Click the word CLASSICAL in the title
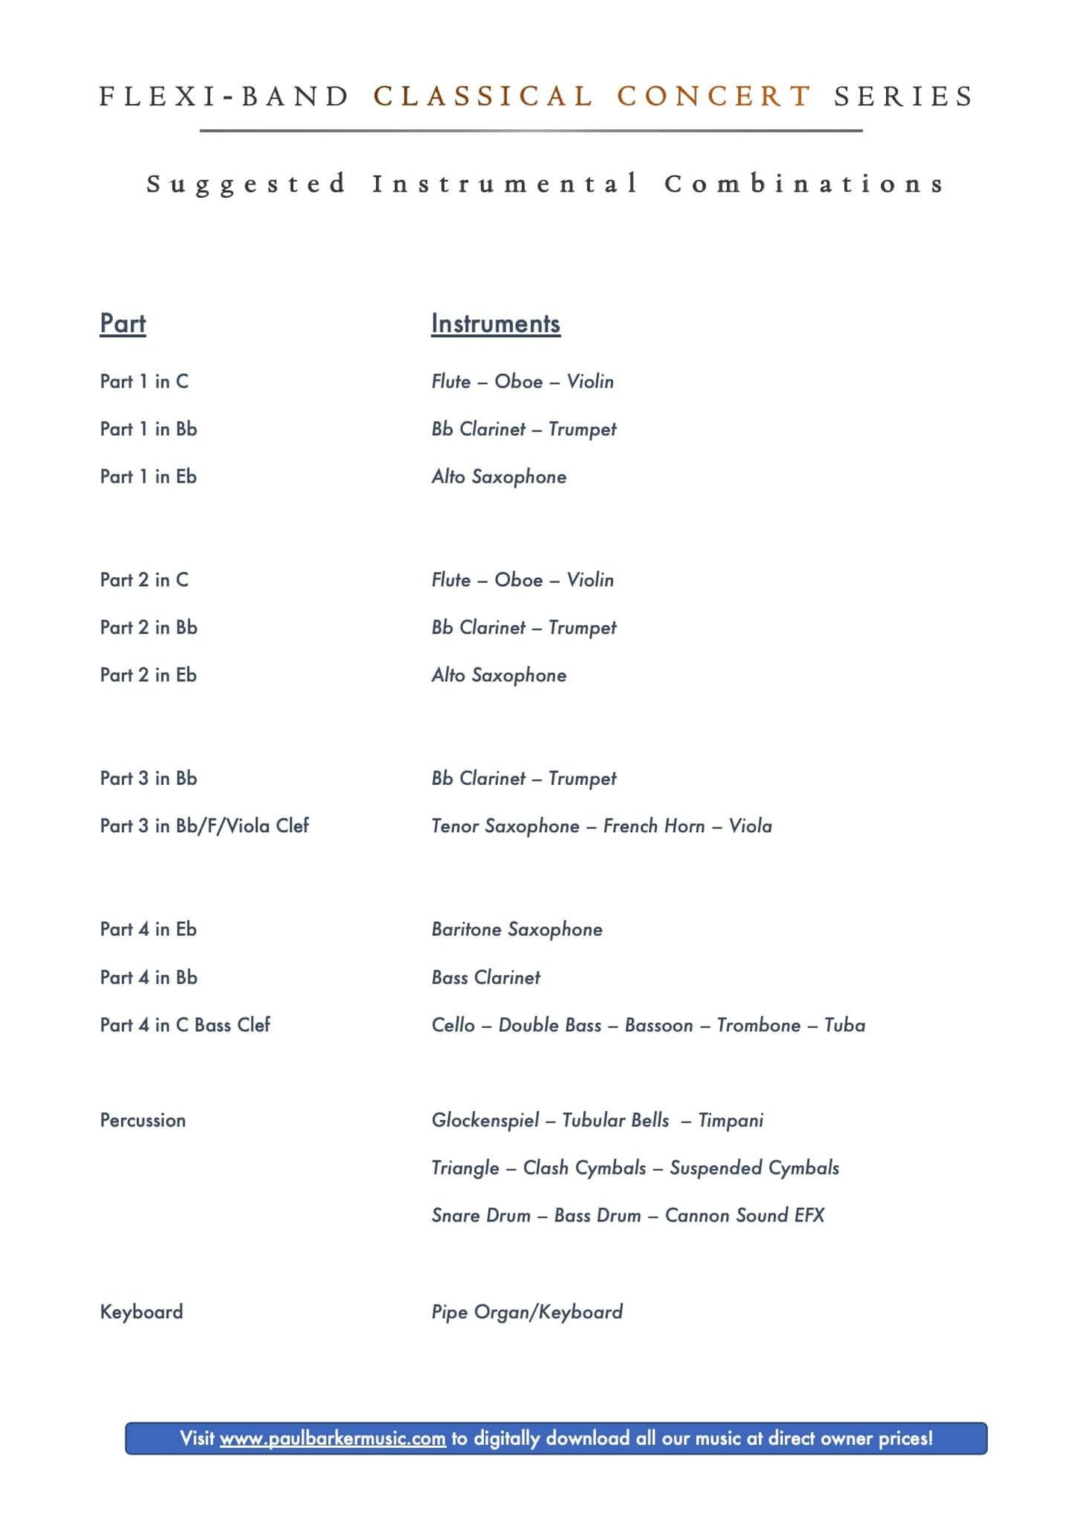pyautogui.click(x=483, y=96)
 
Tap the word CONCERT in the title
pyautogui.click(x=714, y=96)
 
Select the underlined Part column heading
pyautogui.click(x=123, y=324)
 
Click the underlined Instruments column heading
pyautogui.click(x=495, y=324)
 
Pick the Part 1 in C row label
pyautogui.click(x=144, y=381)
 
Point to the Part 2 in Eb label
pyautogui.click(x=148, y=675)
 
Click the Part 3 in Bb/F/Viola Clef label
pyautogui.click(x=204, y=826)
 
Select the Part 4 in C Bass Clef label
pyautogui.click(x=185, y=1025)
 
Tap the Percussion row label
pyautogui.click(x=143, y=1120)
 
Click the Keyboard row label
pyautogui.click(x=141, y=1312)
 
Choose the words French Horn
pyautogui.click(x=654, y=826)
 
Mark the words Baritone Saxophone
pyautogui.click(x=517, y=929)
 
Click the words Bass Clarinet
pyautogui.click(x=485, y=978)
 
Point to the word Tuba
pyautogui.click(x=844, y=1025)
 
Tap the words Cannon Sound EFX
pyautogui.click(x=744, y=1216)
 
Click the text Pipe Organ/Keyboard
pyautogui.click(x=526, y=1312)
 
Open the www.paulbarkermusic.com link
pyautogui.click(x=333, y=1438)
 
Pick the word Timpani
pyautogui.click(x=731, y=1120)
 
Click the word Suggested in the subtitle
pyautogui.click(x=247, y=184)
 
